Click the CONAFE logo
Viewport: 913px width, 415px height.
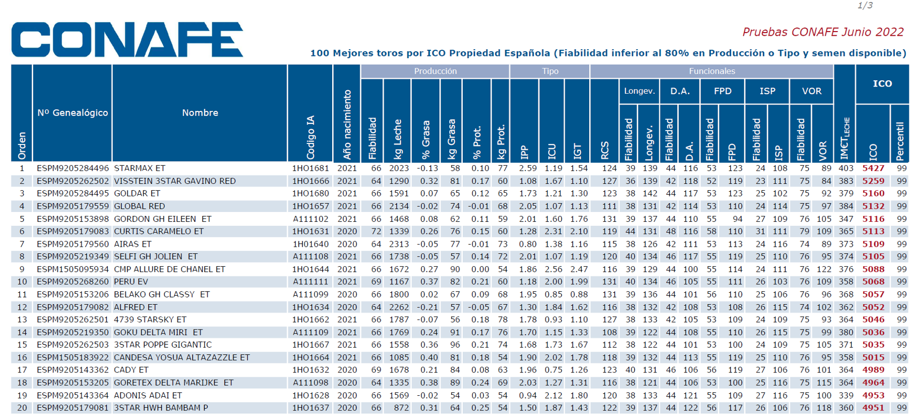(127, 39)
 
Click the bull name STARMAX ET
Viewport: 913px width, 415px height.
(139, 168)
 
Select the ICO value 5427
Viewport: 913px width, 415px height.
(873, 168)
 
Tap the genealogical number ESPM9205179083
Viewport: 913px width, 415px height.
(73, 232)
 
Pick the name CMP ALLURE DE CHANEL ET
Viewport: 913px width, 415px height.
(169, 269)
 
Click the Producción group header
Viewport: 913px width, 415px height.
(435, 71)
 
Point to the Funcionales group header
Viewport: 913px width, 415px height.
(711, 71)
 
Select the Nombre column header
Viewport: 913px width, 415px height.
(200, 112)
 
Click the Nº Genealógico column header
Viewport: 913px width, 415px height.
(73, 112)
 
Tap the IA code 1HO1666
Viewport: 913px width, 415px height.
(310, 181)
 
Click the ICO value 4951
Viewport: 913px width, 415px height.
(873, 408)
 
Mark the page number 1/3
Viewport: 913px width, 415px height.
(865, 6)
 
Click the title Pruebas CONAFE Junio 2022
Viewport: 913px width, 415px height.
(823, 32)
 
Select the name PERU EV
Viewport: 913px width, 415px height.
(131, 282)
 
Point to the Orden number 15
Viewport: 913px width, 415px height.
(22, 345)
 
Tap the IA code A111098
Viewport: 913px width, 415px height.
(310, 383)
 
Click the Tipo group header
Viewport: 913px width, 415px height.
(550, 71)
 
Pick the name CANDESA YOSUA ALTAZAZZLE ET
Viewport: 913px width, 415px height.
(182, 358)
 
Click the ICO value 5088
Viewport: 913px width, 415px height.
(873, 269)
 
